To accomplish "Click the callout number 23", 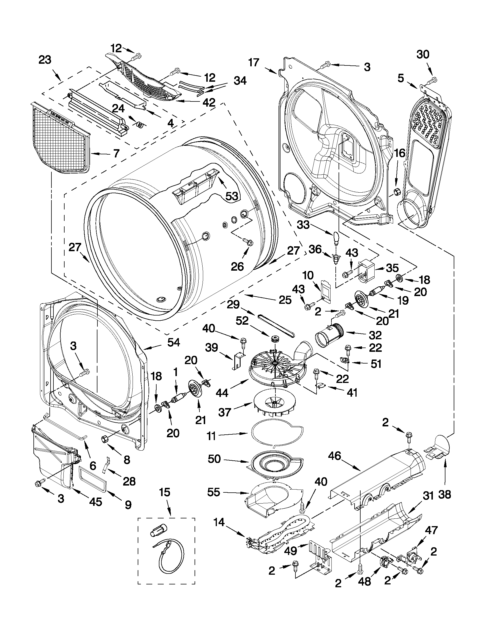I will tap(45, 60).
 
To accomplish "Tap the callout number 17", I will tap(254, 63).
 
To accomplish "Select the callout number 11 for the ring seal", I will tap(211, 436).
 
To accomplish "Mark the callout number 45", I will tap(95, 502).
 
